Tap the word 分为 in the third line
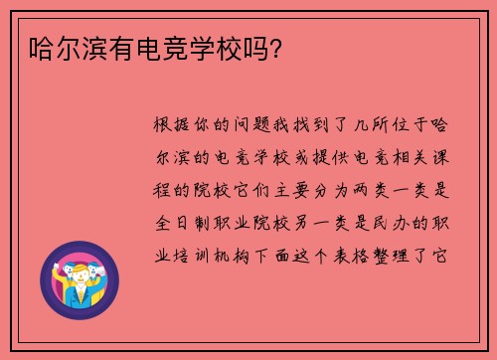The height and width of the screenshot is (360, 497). coord(335,189)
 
